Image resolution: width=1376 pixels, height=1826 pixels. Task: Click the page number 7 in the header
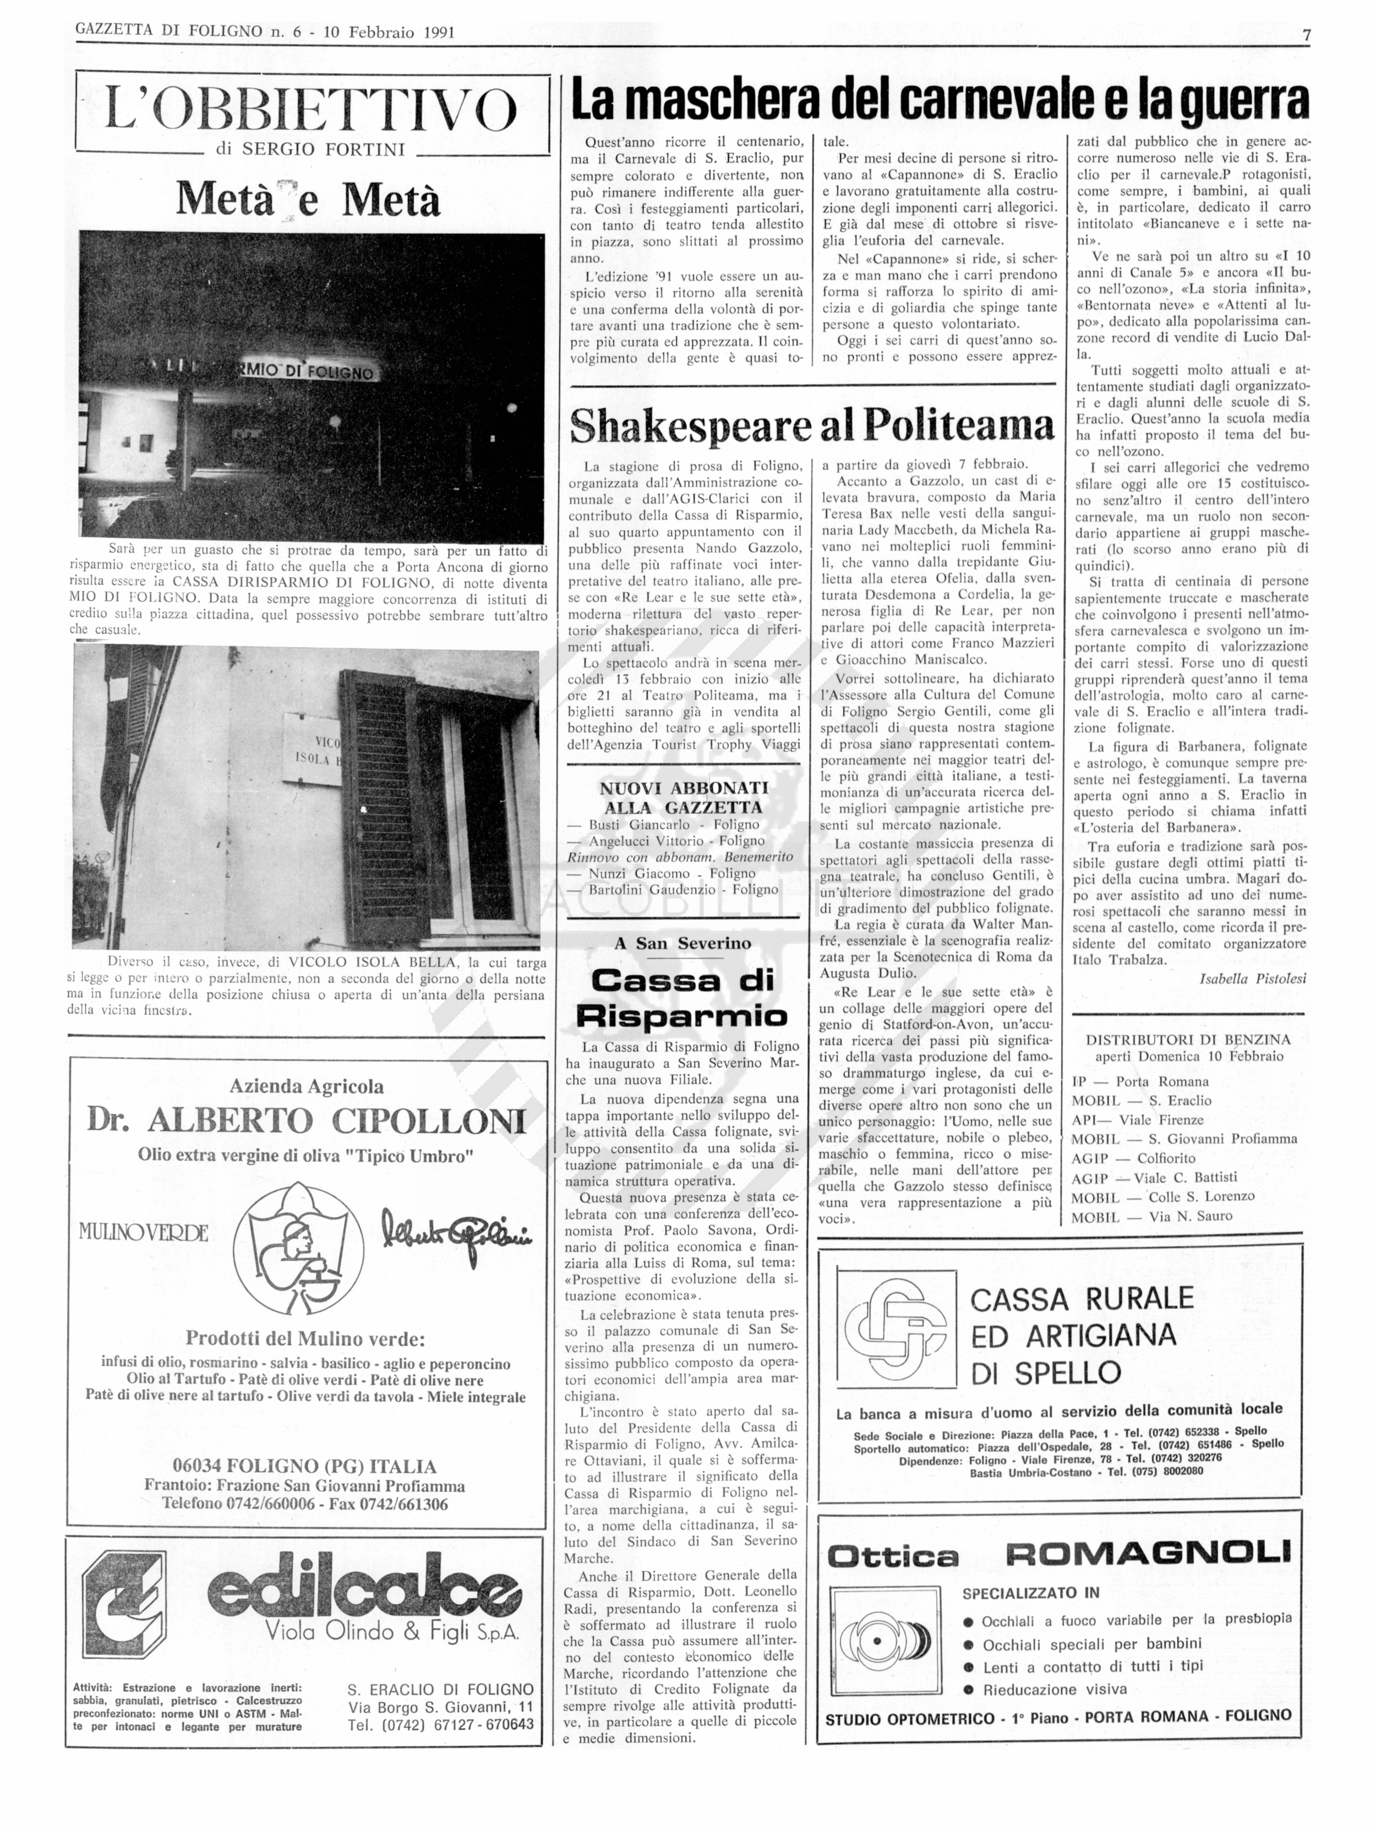point(1306,34)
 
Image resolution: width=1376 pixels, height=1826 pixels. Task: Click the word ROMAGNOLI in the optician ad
point(1148,1553)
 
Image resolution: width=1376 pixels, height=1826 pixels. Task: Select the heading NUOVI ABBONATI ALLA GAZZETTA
point(684,797)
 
